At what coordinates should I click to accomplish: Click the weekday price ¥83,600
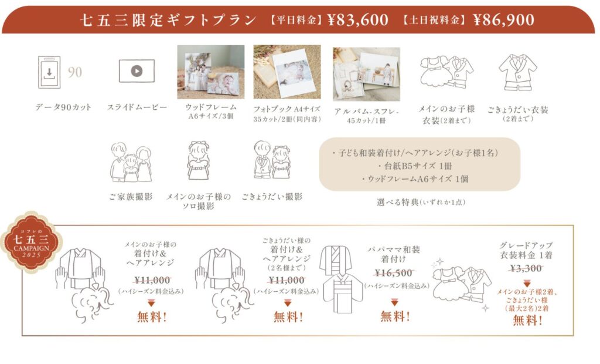tap(358, 20)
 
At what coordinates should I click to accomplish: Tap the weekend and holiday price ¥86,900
tap(503, 20)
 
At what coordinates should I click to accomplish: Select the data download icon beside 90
tap(49, 72)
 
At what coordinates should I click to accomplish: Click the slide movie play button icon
tap(137, 71)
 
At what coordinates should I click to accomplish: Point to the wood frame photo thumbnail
tap(211, 72)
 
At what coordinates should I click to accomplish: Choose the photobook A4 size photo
tap(287, 72)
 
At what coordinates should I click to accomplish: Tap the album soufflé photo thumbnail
tap(366, 74)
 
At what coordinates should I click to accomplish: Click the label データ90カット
tap(63, 107)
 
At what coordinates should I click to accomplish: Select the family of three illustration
tap(131, 162)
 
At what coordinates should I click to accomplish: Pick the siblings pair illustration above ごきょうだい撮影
tap(272, 160)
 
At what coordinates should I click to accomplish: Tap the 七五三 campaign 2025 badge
tap(32, 242)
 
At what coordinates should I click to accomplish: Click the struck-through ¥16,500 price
tap(394, 273)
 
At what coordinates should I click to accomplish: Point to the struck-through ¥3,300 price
tap(526, 268)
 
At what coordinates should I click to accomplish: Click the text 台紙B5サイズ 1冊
tap(415, 166)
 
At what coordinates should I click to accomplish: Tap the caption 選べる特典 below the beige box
tap(398, 202)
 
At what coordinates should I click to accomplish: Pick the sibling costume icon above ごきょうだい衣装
tap(517, 72)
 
